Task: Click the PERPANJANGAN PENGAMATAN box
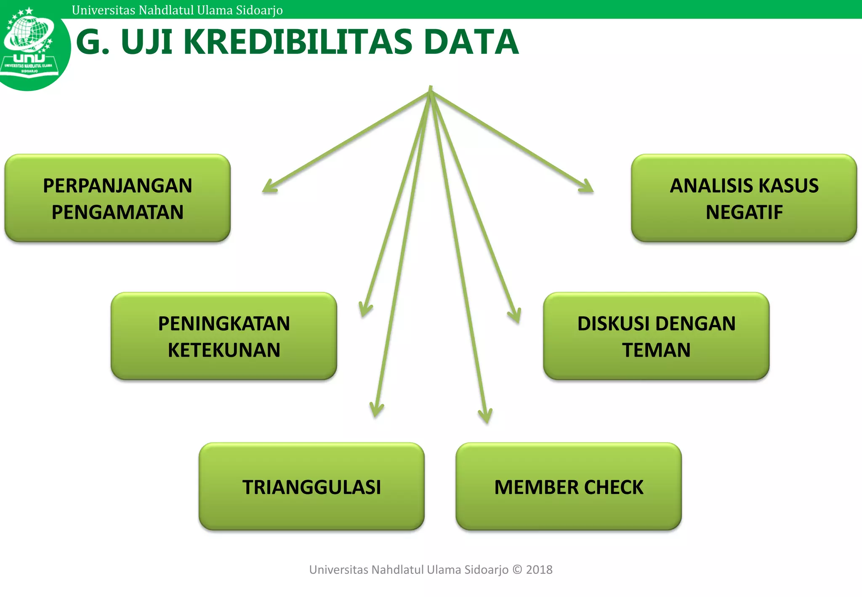117,198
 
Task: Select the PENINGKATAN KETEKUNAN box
224,336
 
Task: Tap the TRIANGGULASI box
311,487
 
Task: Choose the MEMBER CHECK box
569,487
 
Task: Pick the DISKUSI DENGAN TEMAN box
656,336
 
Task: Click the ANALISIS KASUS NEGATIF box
744,198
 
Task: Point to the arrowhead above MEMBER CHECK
486,416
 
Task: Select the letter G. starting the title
93,42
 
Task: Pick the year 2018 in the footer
539,570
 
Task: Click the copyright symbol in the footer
517,570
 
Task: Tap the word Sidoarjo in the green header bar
259,10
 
